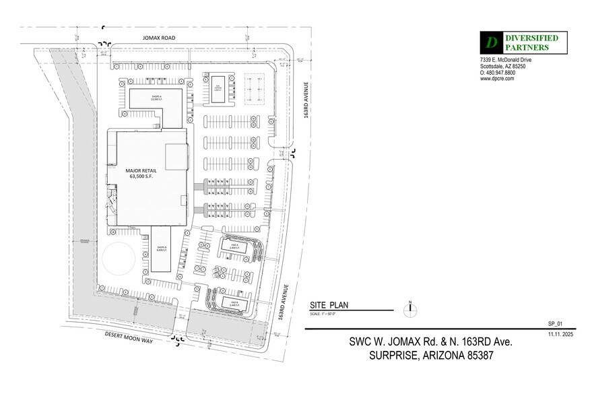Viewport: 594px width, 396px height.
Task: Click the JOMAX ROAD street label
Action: [x=159, y=38]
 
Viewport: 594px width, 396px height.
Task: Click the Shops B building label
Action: [x=162, y=249]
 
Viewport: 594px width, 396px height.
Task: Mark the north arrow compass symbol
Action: [x=409, y=310]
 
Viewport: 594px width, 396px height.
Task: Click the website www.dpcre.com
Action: [x=497, y=79]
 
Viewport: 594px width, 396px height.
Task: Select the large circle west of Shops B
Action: [x=120, y=259]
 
